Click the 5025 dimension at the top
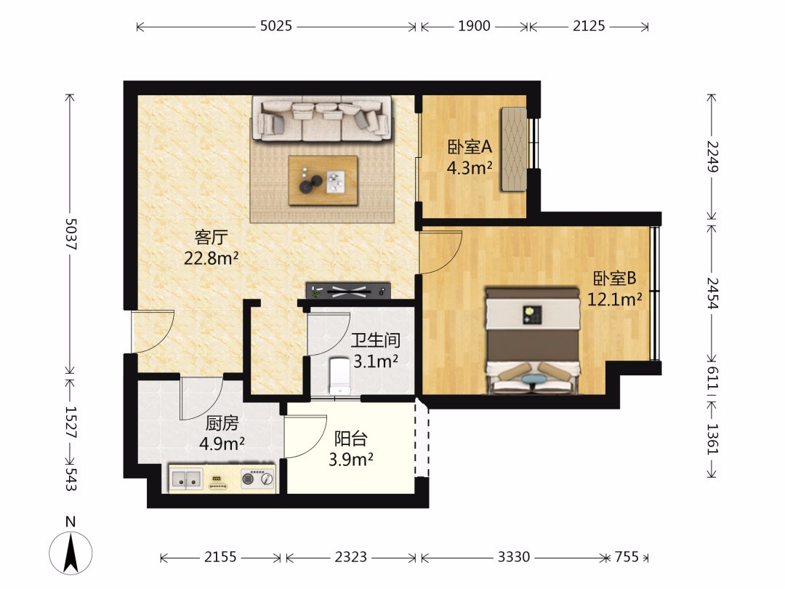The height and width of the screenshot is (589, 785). [x=276, y=26]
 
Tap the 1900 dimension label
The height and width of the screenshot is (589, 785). [x=474, y=26]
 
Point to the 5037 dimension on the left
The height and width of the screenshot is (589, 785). [x=71, y=234]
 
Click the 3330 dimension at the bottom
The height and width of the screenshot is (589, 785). [x=514, y=557]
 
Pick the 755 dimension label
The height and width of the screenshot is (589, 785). [x=627, y=557]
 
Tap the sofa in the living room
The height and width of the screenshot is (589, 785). [x=323, y=119]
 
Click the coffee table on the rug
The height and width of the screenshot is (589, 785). [x=323, y=180]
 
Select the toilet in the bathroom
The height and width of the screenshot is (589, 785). [x=339, y=375]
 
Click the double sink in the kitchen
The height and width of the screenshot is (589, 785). [x=186, y=478]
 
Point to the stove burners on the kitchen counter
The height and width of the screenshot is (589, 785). [x=258, y=478]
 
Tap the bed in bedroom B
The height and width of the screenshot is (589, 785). [x=534, y=340]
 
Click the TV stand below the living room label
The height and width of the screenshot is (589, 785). [x=348, y=290]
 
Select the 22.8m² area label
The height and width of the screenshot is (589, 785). [x=212, y=258]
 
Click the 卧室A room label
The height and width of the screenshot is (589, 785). [x=470, y=147]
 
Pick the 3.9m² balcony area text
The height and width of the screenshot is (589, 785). [x=351, y=459]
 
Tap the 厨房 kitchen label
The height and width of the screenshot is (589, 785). [x=222, y=423]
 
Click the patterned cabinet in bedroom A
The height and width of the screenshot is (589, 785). [x=515, y=149]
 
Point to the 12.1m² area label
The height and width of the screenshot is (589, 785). [x=615, y=299]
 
